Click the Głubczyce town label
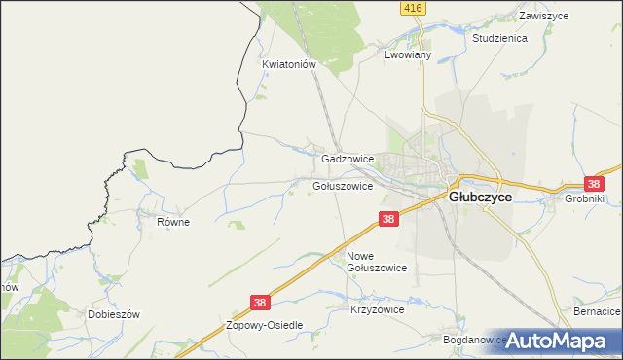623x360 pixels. point(480,195)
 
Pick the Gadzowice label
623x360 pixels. point(348,158)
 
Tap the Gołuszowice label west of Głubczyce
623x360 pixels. point(343,186)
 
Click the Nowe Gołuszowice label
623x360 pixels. point(376,261)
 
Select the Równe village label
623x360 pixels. point(172,222)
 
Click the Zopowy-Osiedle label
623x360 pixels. point(265,325)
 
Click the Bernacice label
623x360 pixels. point(597,310)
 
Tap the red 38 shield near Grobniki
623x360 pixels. point(593,183)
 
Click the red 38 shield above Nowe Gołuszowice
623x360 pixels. point(388,221)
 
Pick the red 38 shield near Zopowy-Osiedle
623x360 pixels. point(260,304)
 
